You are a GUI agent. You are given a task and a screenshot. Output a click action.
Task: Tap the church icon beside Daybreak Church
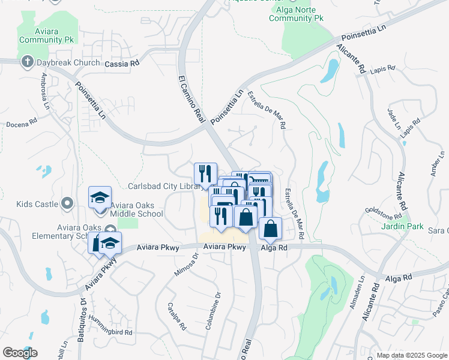(x=27, y=62)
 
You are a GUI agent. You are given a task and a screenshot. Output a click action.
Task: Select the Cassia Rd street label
(x=122, y=64)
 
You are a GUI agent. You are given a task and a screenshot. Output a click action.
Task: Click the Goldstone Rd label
(x=383, y=214)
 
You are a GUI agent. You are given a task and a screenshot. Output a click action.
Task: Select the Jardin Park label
(x=402, y=227)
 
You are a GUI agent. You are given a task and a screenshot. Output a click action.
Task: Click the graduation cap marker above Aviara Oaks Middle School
(x=100, y=197)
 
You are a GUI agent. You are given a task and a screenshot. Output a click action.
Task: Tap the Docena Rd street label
(x=22, y=124)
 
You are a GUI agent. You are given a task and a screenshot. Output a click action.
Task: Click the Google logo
(x=20, y=353)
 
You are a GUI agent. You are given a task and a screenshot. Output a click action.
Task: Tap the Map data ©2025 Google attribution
(x=411, y=355)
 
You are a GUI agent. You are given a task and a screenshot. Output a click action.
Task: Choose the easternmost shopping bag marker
(x=271, y=229)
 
